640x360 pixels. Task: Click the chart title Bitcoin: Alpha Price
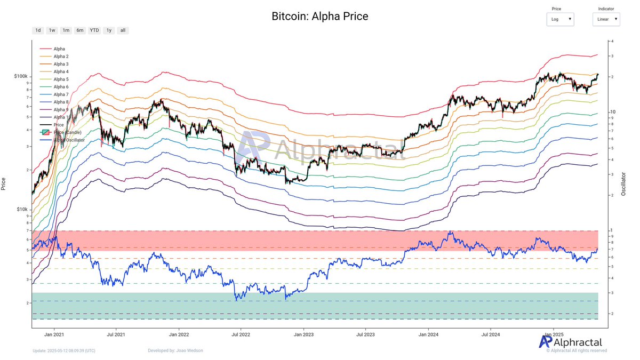pyautogui.click(x=319, y=17)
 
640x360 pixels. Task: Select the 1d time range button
pyautogui.click(x=38, y=30)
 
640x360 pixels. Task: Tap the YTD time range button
pyautogui.click(x=94, y=30)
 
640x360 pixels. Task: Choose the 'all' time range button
pyautogui.click(x=123, y=30)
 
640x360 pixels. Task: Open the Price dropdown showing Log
pyautogui.click(x=560, y=19)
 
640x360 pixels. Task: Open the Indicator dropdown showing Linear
pyautogui.click(x=606, y=19)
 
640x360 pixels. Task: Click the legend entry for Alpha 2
pyautogui.click(x=61, y=56)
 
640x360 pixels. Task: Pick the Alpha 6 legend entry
pyautogui.click(x=61, y=87)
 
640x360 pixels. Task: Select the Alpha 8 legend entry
pyautogui.click(x=61, y=102)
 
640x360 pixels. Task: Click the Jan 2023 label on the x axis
pyautogui.click(x=304, y=335)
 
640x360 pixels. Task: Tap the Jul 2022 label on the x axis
pyautogui.click(x=241, y=335)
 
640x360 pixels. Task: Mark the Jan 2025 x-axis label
pyautogui.click(x=553, y=335)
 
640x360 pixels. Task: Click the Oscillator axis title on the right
pyautogui.click(x=624, y=183)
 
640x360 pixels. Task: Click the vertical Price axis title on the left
pyautogui.click(x=4, y=184)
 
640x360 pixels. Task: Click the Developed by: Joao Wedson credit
pyautogui.click(x=175, y=350)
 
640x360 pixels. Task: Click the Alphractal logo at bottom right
pyautogui.click(x=570, y=342)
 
